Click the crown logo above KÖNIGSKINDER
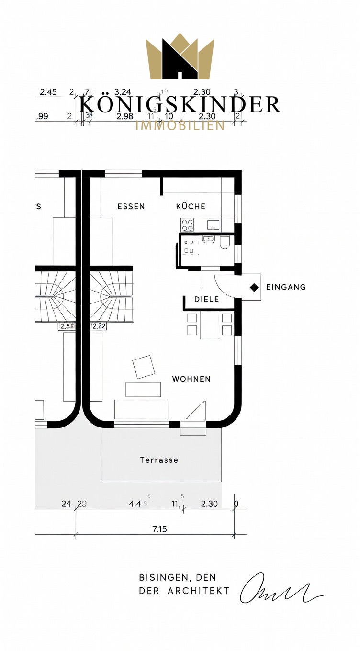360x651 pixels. [180, 56]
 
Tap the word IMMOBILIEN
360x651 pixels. [180, 126]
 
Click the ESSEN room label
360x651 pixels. [131, 206]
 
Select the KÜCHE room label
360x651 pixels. [191, 206]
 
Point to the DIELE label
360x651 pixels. [206, 299]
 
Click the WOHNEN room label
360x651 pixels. [191, 379]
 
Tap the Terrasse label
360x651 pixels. [159, 460]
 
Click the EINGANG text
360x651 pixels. [286, 287]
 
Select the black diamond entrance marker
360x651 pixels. [253, 287]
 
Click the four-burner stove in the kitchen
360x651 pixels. [187, 224]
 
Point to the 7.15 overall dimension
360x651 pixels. [159, 529]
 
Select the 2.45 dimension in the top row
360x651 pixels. [48, 92]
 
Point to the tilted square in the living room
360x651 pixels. [144, 367]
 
